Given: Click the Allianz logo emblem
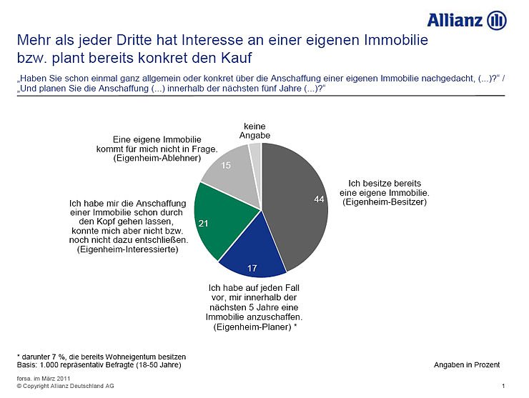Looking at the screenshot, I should click(x=497, y=21).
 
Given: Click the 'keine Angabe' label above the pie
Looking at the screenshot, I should click(x=254, y=131).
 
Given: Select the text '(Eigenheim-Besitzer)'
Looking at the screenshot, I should click(x=385, y=202).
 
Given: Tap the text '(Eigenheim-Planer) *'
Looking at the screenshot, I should click(x=255, y=327).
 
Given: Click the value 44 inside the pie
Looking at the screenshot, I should click(x=320, y=199).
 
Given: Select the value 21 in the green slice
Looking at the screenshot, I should click(x=203, y=224).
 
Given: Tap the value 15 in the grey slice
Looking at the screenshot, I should click(x=225, y=166).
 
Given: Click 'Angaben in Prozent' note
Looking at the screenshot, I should click(x=466, y=364).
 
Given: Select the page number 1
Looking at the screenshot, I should click(x=504, y=386).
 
